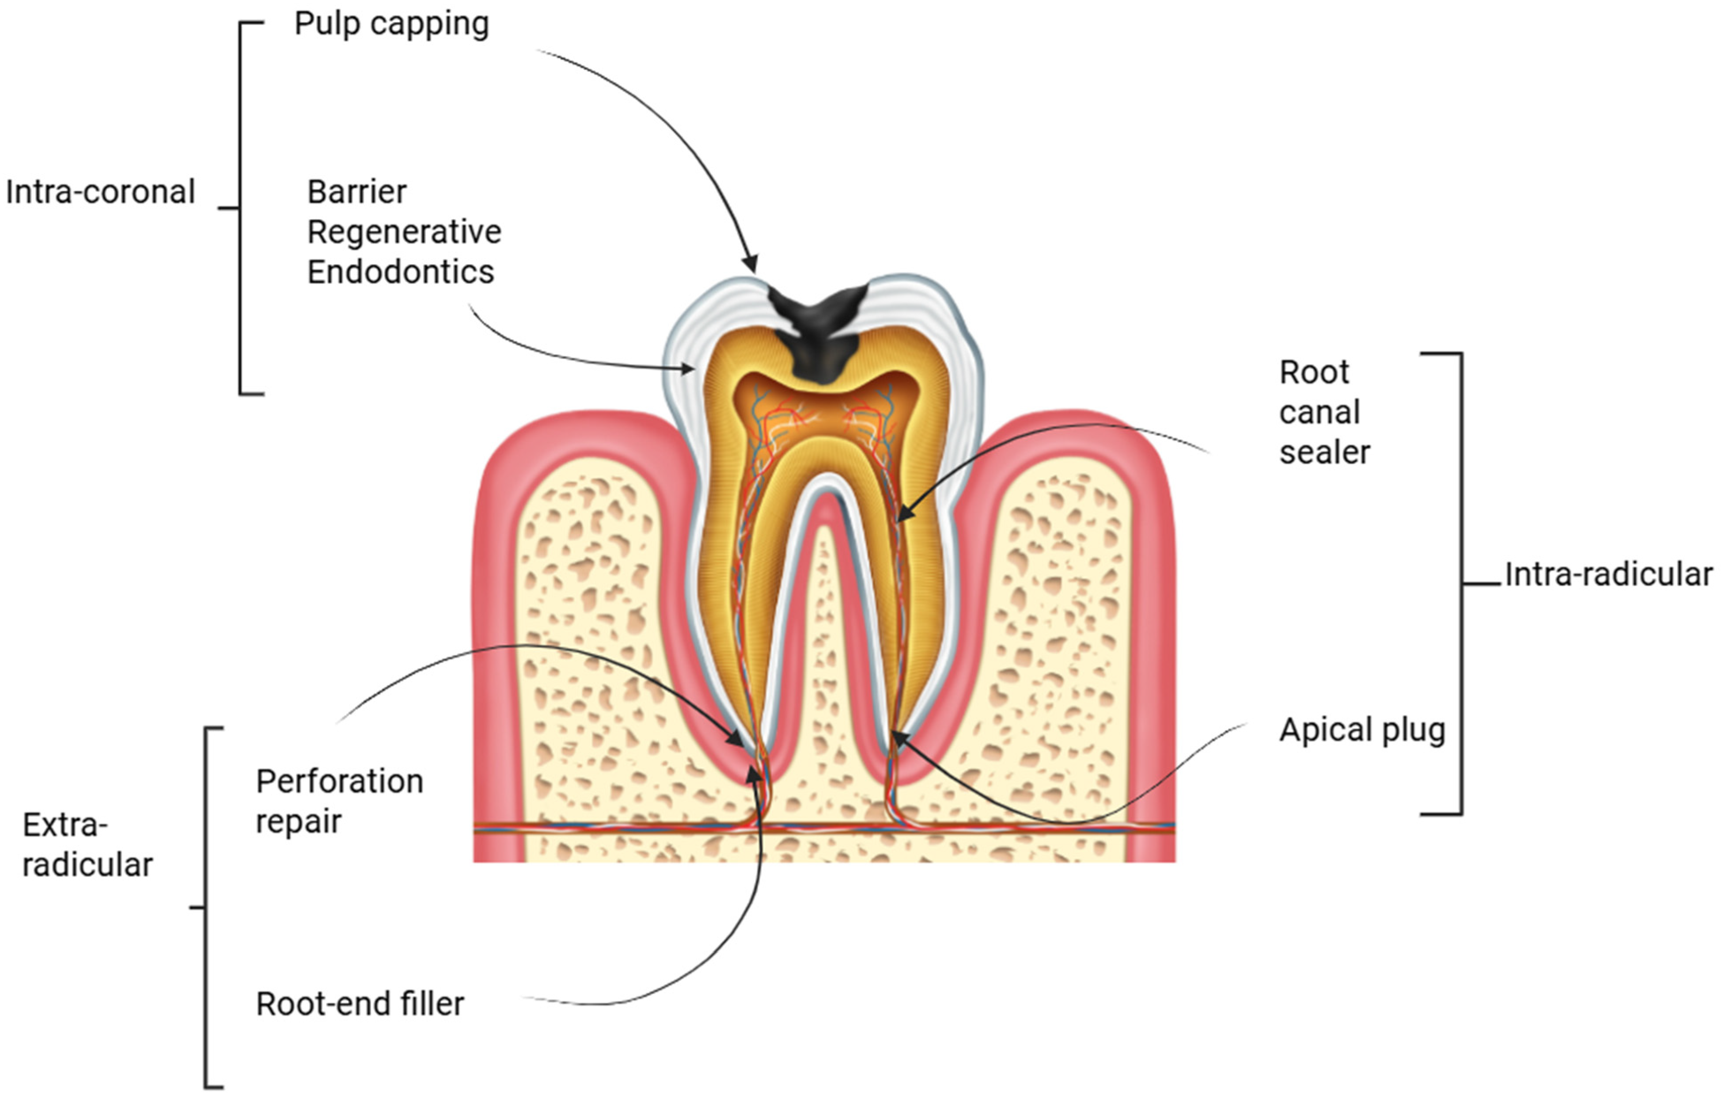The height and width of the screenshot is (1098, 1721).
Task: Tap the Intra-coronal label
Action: pyautogui.click(x=100, y=192)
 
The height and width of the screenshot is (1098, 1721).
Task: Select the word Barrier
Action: pyautogui.click(x=356, y=192)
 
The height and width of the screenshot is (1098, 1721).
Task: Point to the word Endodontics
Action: pyautogui.click(x=400, y=272)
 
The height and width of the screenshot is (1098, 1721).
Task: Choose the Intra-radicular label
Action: pyautogui.click(x=1608, y=574)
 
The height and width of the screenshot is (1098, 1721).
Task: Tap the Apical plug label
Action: pyautogui.click(x=1361, y=730)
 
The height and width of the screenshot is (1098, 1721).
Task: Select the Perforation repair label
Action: pyautogui.click(x=340, y=801)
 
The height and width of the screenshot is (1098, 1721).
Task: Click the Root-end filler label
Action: pyautogui.click(x=360, y=1003)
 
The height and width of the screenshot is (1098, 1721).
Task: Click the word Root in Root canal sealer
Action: pyautogui.click(x=1314, y=372)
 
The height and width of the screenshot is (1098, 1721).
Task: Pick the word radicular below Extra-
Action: pyautogui.click(x=87, y=865)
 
